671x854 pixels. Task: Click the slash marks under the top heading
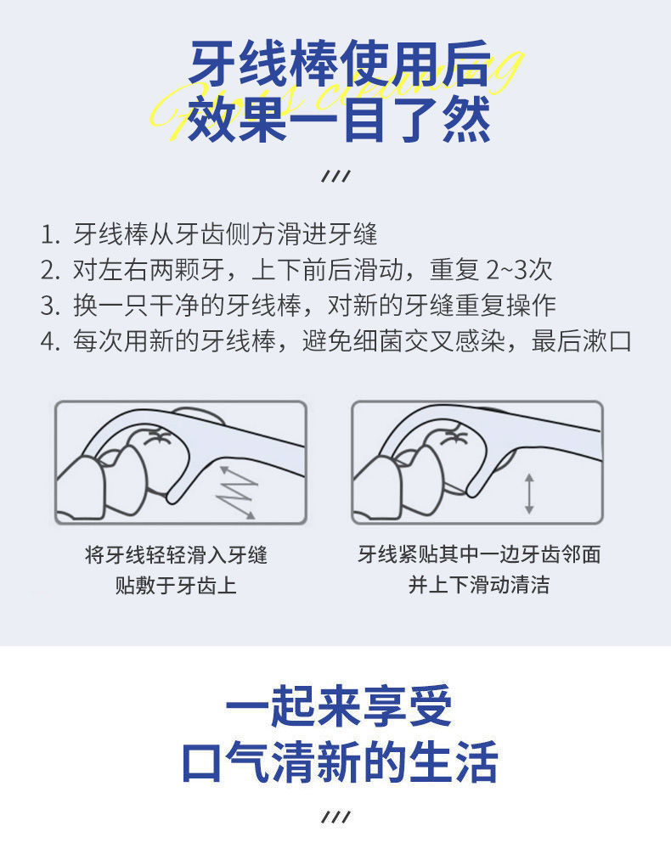point(336,177)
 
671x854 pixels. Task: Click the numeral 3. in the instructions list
point(50,306)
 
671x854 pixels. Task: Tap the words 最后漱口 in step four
point(581,341)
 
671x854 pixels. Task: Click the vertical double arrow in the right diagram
point(529,493)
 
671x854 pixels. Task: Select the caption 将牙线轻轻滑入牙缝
point(176,555)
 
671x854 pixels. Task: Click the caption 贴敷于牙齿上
point(176,586)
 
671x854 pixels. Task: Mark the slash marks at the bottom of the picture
point(336,817)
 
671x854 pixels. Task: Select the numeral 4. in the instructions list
point(50,341)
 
